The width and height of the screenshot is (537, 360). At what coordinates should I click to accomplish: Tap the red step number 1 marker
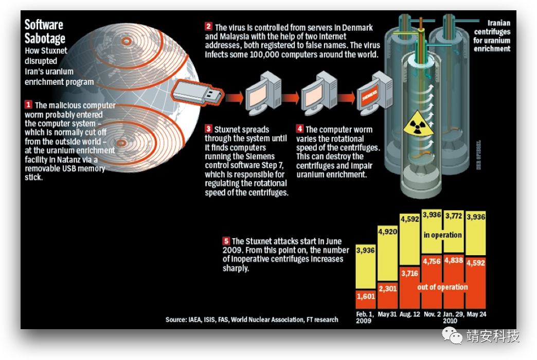pyautogui.click(x=29, y=105)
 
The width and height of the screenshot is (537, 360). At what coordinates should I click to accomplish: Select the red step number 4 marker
pyautogui.click(x=300, y=129)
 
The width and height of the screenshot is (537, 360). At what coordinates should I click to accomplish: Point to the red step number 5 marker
pyautogui.click(x=226, y=241)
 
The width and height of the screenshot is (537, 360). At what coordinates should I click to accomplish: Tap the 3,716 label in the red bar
pyautogui.click(x=410, y=273)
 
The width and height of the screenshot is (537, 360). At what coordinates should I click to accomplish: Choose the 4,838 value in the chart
pyautogui.click(x=454, y=260)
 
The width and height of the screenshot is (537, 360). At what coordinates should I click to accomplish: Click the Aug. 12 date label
pyautogui.click(x=410, y=314)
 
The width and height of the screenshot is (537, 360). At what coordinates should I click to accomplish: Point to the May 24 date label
pyautogui.click(x=476, y=314)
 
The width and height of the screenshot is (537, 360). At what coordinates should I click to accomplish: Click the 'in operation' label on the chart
pyautogui.click(x=442, y=235)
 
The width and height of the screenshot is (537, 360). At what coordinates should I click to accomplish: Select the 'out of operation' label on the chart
pyautogui.click(x=442, y=287)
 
